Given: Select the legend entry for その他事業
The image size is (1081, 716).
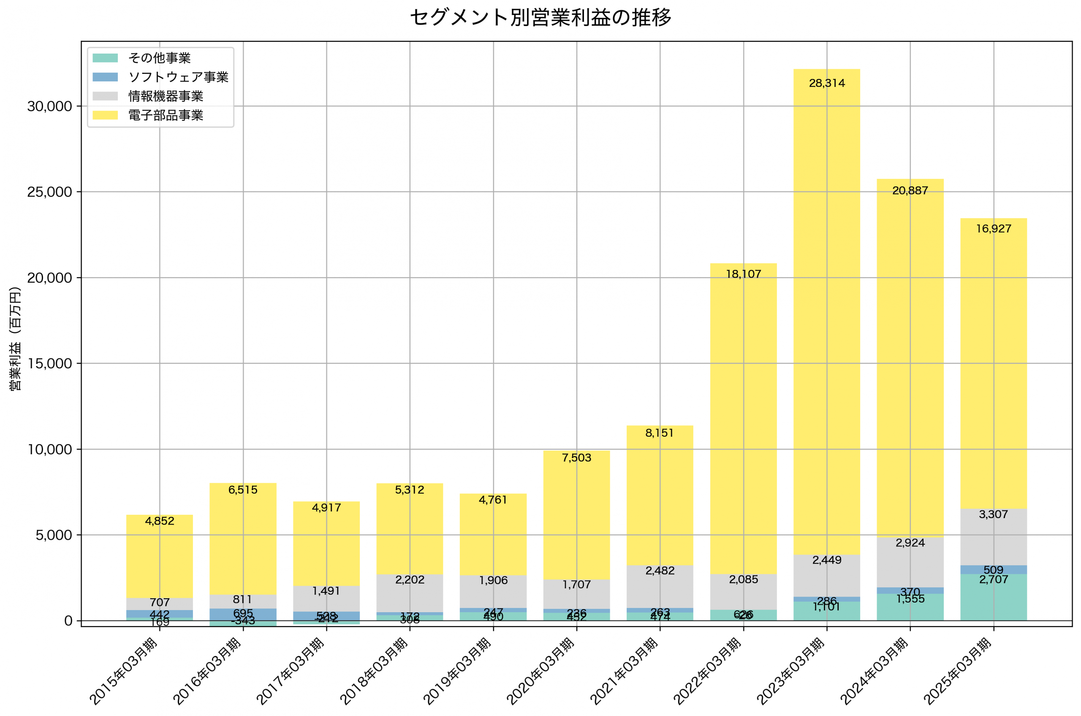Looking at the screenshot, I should click(x=160, y=58).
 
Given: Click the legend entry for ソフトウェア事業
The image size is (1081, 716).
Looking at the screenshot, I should click(x=178, y=77).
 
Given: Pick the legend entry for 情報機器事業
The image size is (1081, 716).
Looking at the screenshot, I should click(x=166, y=96).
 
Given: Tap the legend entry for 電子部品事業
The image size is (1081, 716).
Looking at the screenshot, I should click(x=166, y=115).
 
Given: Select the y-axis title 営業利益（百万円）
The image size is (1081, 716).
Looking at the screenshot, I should click(x=15, y=338).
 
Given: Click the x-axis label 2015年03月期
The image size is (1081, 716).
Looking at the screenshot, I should click(x=123, y=671).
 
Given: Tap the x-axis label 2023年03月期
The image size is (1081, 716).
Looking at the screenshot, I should click(x=790, y=671).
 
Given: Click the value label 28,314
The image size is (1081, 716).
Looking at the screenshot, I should click(x=826, y=84).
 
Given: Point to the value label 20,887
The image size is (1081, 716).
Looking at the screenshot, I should click(x=910, y=191).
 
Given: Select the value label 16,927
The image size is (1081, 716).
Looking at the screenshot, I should click(x=993, y=229).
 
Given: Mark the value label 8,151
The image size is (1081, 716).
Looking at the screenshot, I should click(x=659, y=433).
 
